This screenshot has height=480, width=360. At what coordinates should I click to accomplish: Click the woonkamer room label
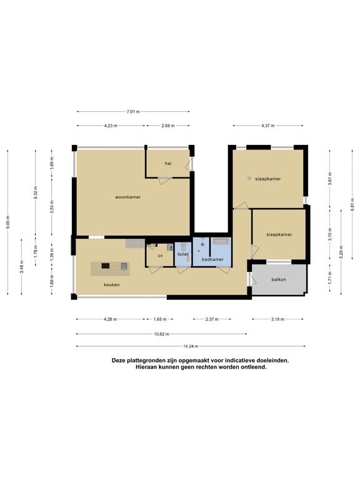point(127,197)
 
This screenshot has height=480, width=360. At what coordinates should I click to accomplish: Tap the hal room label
point(167,164)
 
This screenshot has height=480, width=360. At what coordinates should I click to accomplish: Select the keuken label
point(111,285)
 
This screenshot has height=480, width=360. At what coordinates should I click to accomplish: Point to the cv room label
point(160,256)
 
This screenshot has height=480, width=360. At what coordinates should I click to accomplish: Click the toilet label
point(183,254)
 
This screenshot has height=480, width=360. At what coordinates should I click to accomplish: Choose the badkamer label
point(212,259)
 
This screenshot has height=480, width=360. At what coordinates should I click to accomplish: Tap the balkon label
point(279,279)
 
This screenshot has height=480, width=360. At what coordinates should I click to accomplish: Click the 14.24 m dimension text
point(191,346)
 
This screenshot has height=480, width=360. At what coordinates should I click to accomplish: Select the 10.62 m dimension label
point(161,334)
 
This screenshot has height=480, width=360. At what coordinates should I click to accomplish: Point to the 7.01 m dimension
point(133,112)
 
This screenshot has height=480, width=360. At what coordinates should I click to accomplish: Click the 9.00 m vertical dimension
point(7,222)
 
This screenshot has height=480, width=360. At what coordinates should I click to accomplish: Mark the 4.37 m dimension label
point(268,126)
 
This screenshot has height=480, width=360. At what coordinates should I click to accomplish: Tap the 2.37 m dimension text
point(212,319)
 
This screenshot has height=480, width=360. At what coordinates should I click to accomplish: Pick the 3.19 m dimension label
point(277,319)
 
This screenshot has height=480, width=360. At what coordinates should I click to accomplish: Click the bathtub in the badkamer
point(221,241)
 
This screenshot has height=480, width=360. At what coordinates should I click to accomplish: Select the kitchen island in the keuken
point(110,269)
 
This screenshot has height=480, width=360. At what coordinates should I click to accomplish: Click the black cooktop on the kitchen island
point(105,266)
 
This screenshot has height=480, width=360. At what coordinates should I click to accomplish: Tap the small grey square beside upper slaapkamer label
point(249,178)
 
